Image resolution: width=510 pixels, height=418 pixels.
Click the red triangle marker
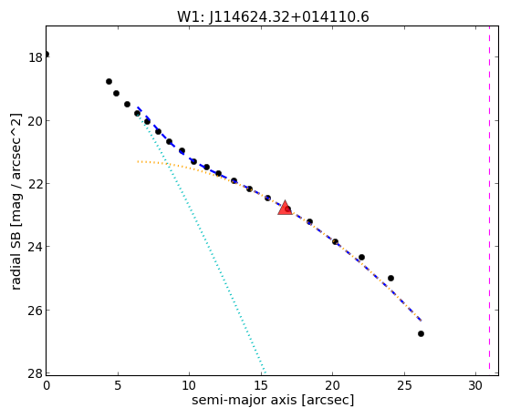(x=285, y=208)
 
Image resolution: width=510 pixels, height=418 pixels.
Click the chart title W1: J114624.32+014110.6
(x=273, y=17)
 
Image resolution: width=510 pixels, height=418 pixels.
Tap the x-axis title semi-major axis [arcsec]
(x=273, y=400)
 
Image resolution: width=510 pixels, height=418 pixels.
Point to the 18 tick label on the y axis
(x=36, y=57)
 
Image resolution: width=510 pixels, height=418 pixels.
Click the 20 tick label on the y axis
(x=36, y=121)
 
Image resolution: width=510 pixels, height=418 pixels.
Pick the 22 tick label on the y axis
(x=36, y=184)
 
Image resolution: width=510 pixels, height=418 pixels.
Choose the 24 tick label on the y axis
(x=36, y=247)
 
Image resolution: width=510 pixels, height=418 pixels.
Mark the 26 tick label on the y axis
(x=36, y=311)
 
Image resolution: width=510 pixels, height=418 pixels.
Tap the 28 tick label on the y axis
(x=36, y=373)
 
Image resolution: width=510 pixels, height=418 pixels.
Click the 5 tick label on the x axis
(x=118, y=385)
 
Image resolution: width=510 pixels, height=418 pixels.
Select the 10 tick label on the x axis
(x=189, y=385)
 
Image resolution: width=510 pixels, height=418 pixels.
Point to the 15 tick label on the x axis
(x=261, y=385)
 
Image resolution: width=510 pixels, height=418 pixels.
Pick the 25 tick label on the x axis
(x=404, y=385)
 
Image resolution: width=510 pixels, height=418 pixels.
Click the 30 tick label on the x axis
(x=475, y=385)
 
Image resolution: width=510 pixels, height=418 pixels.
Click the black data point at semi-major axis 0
(x=47, y=55)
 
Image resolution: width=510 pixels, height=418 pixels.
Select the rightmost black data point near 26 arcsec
(x=421, y=333)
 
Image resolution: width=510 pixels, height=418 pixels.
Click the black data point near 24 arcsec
(x=391, y=278)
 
